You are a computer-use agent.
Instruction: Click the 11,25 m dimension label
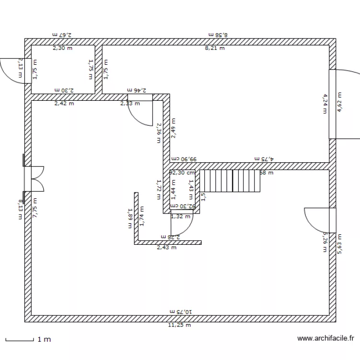coord(179,325)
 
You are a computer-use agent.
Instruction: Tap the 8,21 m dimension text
coord(215,48)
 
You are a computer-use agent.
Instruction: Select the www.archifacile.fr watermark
coord(325,338)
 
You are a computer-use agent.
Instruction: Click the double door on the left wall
coord(34,178)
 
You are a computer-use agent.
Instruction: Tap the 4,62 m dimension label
coord(340,102)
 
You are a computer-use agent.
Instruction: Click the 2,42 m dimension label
coord(64,103)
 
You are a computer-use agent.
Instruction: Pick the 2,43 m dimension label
coord(167,248)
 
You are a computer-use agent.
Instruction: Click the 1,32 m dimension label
coord(180,216)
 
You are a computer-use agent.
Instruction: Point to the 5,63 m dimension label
coord(340,243)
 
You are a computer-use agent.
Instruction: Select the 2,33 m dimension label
coord(130,103)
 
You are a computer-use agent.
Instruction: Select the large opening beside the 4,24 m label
coord(332,104)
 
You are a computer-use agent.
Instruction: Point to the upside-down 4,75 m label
coord(264,158)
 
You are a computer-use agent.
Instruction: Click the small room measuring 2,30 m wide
coord(63,70)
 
